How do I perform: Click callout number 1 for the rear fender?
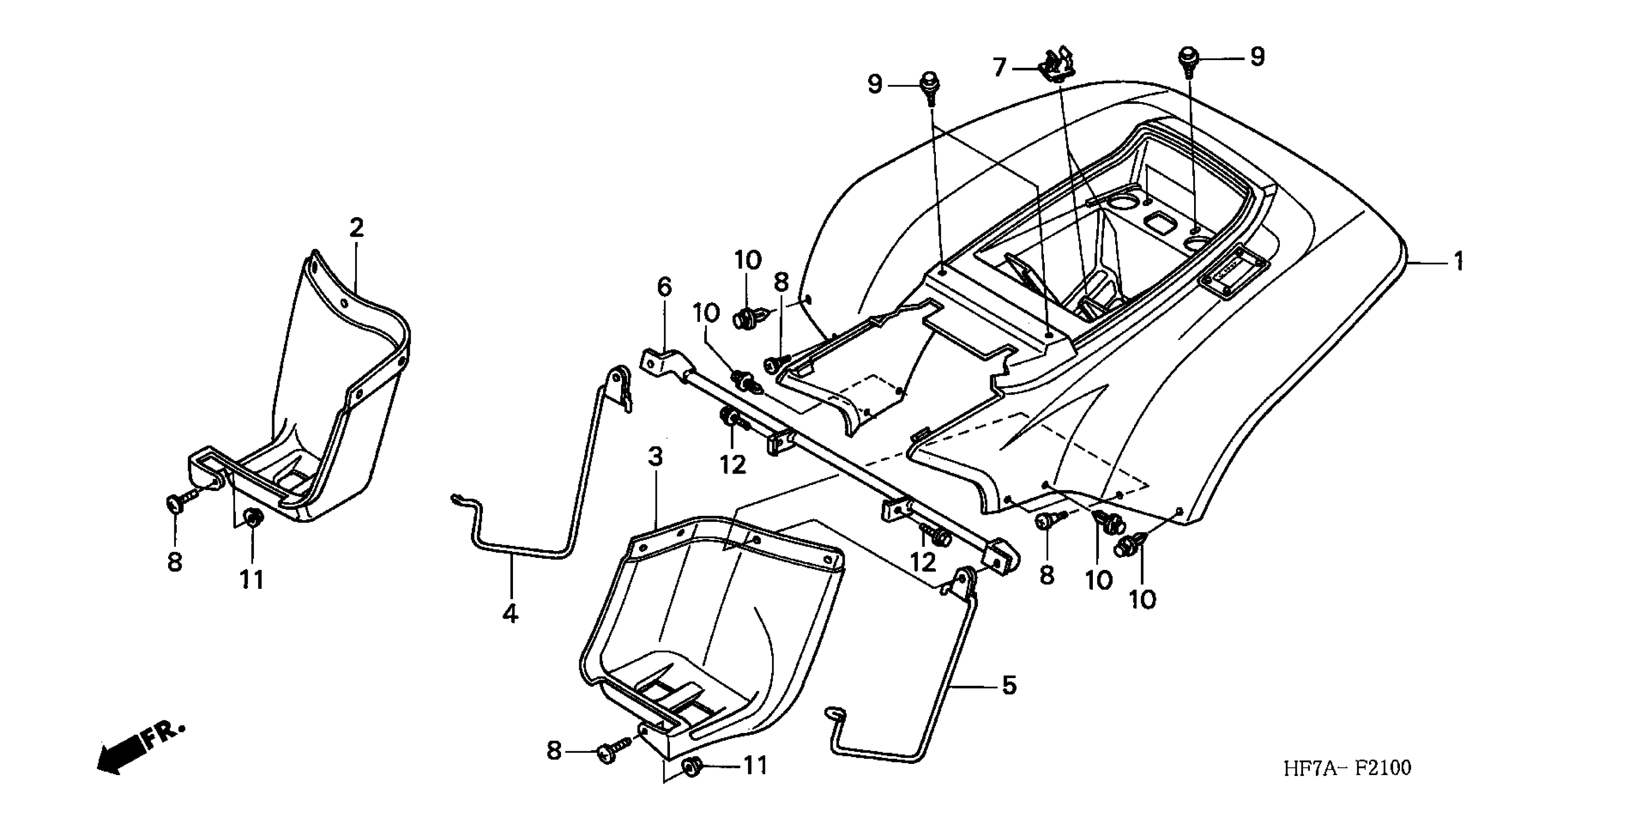[x=1459, y=261]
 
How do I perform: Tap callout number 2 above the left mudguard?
[x=356, y=228]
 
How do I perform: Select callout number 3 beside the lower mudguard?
[x=655, y=457]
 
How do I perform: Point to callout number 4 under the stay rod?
[x=510, y=614]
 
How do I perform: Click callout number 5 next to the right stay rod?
[x=1009, y=686]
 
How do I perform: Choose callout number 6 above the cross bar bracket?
[x=664, y=287]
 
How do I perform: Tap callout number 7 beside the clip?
[x=999, y=66]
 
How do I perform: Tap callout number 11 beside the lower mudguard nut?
[x=754, y=765]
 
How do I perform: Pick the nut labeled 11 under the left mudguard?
[x=254, y=519]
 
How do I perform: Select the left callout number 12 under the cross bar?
[x=733, y=465]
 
